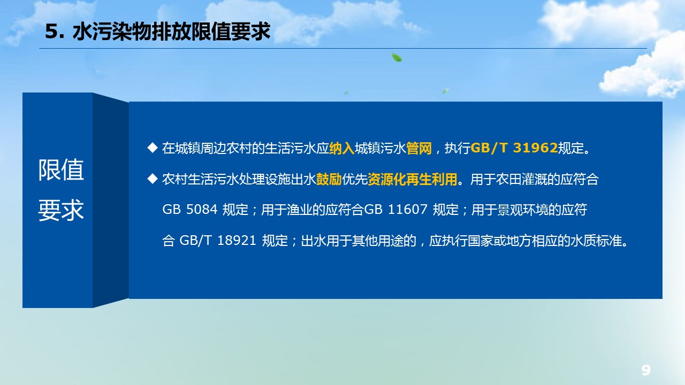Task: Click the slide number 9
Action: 646,370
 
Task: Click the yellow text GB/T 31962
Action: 514,148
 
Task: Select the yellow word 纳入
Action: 341,148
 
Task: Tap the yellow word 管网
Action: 418,148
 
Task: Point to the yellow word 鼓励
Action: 329,179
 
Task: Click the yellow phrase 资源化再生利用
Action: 412,179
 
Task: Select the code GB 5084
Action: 189,210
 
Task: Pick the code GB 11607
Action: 395,210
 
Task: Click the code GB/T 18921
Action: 217,241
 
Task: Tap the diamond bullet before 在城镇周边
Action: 153,148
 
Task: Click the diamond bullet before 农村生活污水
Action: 153,179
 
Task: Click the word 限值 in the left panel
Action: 61,170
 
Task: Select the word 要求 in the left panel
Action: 61,210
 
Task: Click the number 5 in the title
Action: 51,32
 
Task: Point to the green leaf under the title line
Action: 397,57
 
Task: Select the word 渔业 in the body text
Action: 300,210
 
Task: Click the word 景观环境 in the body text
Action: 523,210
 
